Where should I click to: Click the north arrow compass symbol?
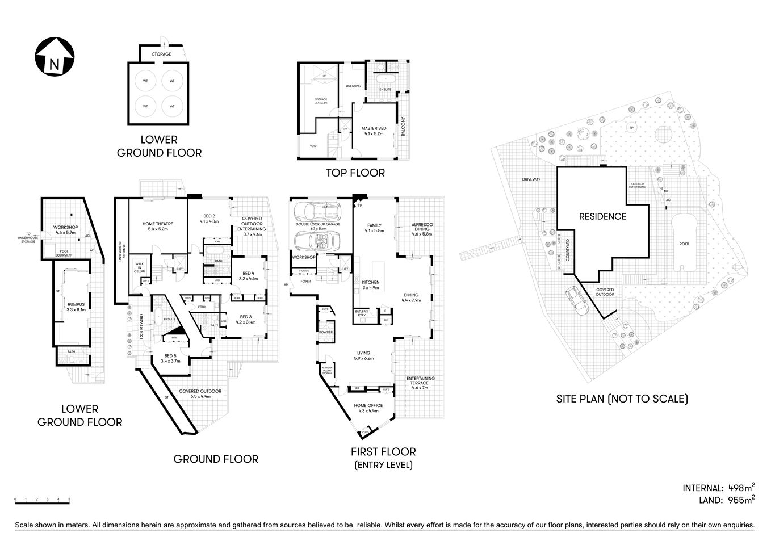(x=54, y=57)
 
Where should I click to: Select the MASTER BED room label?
(x=373, y=131)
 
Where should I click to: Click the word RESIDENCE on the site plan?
(x=602, y=216)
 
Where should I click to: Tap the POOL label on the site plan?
(x=685, y=244)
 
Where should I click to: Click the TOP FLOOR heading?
(x=355, y=173)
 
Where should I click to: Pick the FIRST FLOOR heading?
(x=383, y=452)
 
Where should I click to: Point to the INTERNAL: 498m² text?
(x=718, y=488)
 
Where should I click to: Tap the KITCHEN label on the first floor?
(x=370, y=282)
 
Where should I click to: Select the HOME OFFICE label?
(x=368, y=406)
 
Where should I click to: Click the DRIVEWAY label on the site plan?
(x=531, y=179)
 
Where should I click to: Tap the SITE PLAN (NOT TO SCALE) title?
(x=622, y=399)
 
